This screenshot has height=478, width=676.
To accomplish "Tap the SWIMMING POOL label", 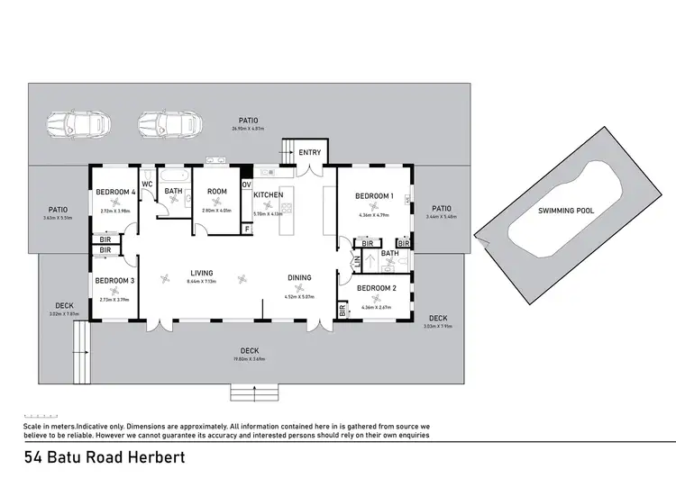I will pos(566,211).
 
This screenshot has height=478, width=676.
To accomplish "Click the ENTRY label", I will pos(309,153).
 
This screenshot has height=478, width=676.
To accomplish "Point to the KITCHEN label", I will pos(269,195).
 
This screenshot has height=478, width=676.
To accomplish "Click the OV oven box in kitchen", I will pos(247,185).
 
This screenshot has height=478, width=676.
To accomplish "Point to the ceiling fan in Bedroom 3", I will pos(114,291).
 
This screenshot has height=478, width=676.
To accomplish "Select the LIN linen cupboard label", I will pos(356,261).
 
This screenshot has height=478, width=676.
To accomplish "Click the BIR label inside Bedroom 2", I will pos(343,311).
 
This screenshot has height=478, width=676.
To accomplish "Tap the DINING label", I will pos(299,278).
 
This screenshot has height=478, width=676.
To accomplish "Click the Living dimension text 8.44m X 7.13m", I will pos(201,282).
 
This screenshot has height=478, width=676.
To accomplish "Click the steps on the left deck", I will pos(80,339).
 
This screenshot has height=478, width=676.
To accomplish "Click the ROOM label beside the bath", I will pos(216,192).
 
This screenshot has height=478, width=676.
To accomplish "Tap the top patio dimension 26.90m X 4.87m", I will pos(248,129).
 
